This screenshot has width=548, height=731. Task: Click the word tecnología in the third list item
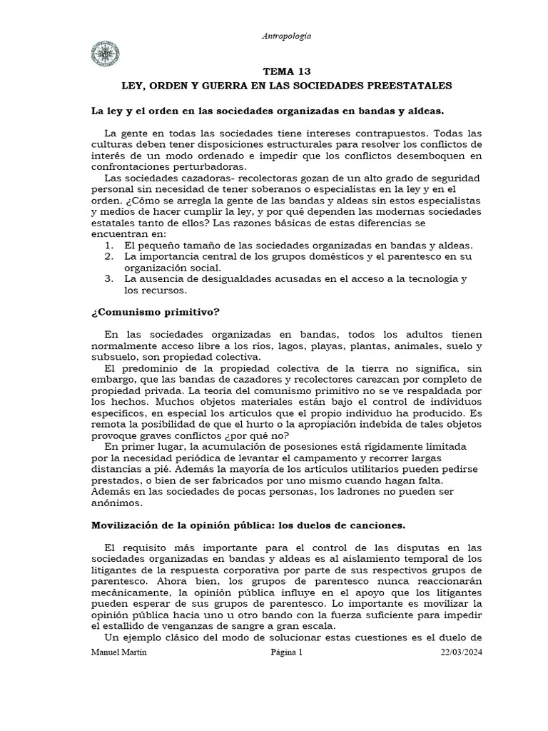point(425,278)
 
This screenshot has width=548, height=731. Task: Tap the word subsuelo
point(116,357)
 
